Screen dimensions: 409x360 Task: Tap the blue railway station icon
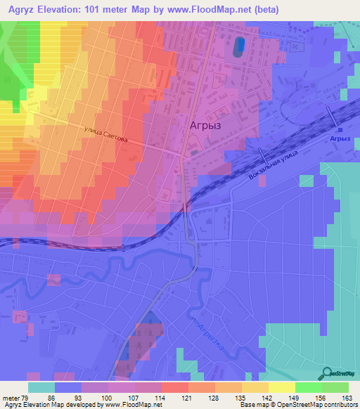pos(339,129)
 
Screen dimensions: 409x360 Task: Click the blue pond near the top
pos(240,47)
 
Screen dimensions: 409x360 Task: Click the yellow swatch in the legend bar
pos(281,387)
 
